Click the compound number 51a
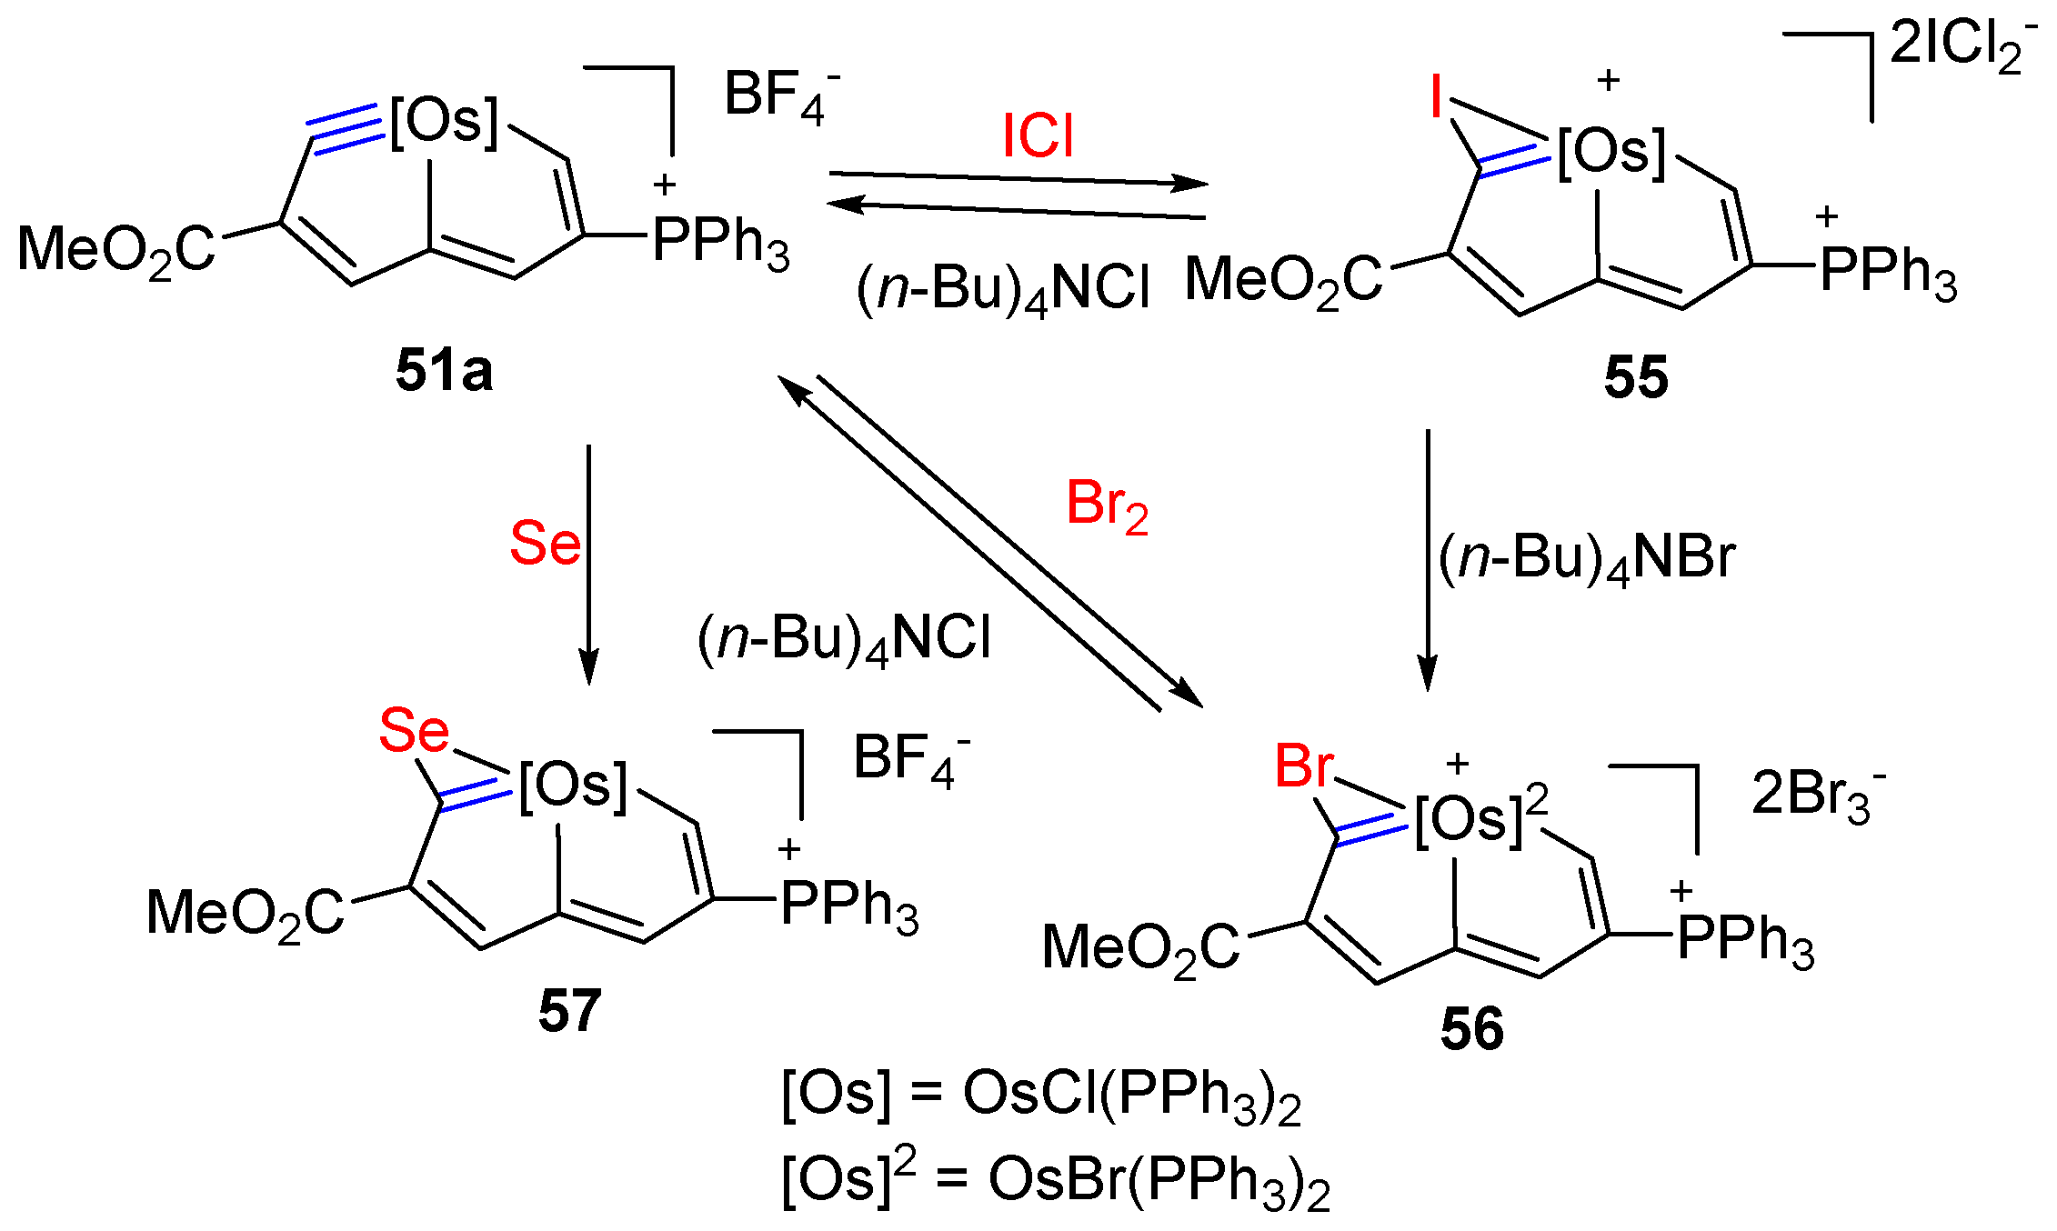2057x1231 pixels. coord(444,371)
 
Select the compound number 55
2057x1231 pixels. coord(1636,377)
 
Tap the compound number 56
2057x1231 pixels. coord(1472,1029)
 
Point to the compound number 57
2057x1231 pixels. coord(569,1010)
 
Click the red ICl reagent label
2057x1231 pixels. coord(1038,136)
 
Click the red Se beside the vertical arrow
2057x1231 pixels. coord(544,544)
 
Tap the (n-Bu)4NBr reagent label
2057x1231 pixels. coord(1587,558)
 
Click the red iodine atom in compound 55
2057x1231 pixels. coord(1436,96)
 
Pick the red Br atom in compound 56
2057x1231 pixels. coord(1304,766)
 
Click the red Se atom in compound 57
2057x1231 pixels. coord(414,730)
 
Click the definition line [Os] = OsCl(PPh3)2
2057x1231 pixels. coord(1041,1094)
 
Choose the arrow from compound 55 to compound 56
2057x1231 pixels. coord(1428,559)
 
